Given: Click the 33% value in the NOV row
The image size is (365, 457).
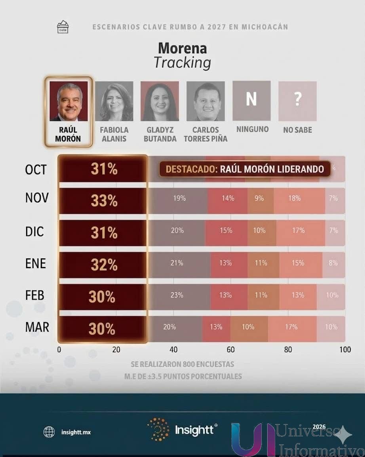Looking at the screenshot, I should pyautogui.click(x=104, y=201).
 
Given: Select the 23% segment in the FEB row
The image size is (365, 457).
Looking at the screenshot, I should pyautogui.click(x=177, y=295).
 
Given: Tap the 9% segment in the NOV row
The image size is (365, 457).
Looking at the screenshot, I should pyautogui.click(x=259, y=198).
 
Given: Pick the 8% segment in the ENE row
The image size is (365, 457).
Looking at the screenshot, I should pyautogui.click(x=333, y=263).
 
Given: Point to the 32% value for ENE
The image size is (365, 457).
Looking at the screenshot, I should pyautogui.click(x=104, y=265).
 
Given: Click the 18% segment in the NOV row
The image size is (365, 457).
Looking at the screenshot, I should pyautogui.click(x=295, y=198).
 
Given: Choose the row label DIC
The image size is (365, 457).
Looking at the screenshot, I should pyautogui.click(x=35, y=232).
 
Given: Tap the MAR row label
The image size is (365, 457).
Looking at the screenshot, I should pyautogui.click(x=37, y=327).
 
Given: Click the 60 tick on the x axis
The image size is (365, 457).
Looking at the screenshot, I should pyautogui.click(x=231, y=350).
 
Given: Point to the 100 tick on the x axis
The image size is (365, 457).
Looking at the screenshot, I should pyautogui.click(x=345, y=350).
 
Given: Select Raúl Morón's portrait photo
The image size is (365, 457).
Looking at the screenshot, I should pyautogui.click(x=68, y=102).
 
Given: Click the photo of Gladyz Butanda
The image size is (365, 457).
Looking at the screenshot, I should pyautogui.click(x=160, y=102).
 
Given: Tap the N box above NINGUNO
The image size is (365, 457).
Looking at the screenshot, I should pyautogui.click(x=251, y=100).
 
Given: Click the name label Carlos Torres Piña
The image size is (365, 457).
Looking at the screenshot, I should pyautogui.click(x=205, y=134).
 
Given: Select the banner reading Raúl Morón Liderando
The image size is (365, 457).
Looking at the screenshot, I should pyautogui.click(x=245, y=169).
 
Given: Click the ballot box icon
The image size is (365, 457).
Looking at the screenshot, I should pyautogui.click(x=63, y=27).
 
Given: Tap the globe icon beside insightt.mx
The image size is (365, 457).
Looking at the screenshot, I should pyautogui.click(x=49, y=432).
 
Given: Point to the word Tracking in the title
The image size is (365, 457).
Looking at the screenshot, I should pyautogui.click(x=182, y=63).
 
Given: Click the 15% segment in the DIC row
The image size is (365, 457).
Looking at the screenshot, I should pyautogui.click(x=226, y=230).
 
